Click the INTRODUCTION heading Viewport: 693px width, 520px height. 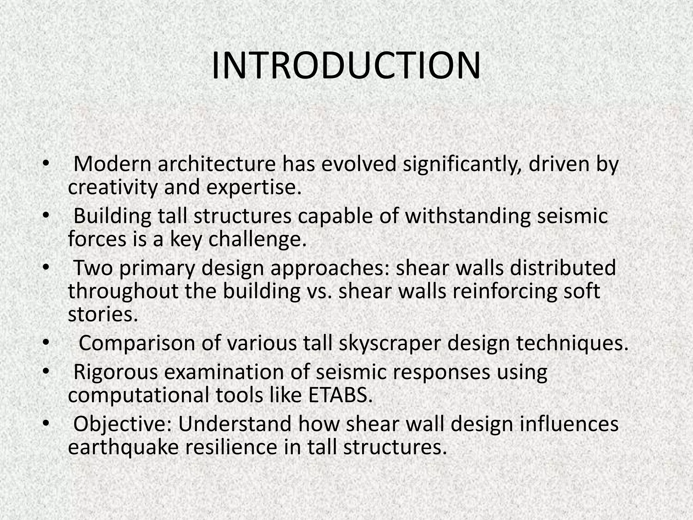(x=346, y=66)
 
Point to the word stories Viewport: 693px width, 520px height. (x=103, y=315)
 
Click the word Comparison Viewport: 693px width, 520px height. (x=137, y=343)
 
